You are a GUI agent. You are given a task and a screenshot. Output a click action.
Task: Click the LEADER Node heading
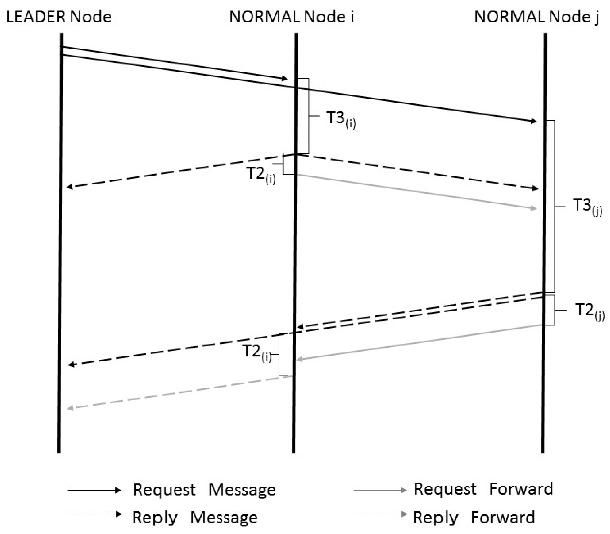(59, 17)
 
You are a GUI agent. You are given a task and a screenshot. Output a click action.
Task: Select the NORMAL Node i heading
(291, 17)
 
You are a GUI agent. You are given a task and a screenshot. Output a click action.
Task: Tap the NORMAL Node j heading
(536, 17)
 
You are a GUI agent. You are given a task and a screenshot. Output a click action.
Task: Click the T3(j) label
(587, 206)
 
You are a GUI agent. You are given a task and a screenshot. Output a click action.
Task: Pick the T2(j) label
(589, 311)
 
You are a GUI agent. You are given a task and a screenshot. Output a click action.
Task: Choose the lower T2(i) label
(257, 352)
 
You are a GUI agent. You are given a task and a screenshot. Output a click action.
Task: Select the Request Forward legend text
(483, 489)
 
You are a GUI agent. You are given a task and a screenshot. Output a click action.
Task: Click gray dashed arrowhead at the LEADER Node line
(71, 408)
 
